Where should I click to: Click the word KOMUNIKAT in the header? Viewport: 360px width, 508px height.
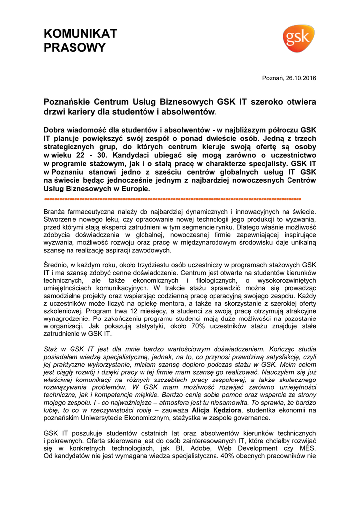click(80, 34)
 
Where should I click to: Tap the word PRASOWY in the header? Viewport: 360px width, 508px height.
click(75, 48)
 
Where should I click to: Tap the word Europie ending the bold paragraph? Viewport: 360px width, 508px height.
click(134, 189)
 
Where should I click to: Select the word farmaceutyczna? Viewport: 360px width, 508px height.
click(94, 211)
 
